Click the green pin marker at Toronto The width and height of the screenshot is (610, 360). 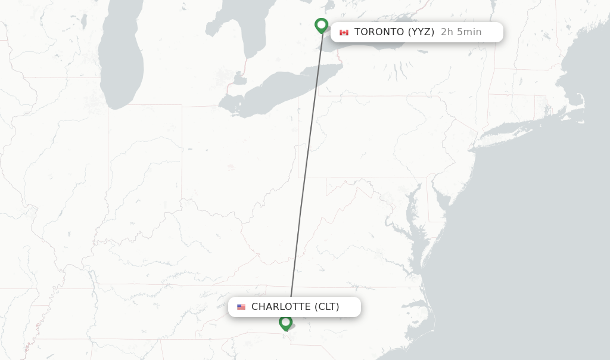pyautogui.click(x=321, y=25)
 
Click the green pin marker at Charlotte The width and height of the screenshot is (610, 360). pyautogui.click(x=285, y=322)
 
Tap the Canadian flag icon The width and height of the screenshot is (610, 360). pyautogui.click(x=344, y=32)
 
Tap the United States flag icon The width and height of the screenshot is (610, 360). pyautogui.click(x=241, y=307)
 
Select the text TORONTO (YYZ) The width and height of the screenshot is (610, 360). pyautogui.click(x=394, y=32)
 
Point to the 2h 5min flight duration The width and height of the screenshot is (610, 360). pyautogui.click(x=461, y=32)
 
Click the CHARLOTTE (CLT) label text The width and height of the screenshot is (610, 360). pyautogui.click(x=295, y=307)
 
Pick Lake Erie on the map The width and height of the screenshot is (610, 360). pyautogui.click(x=280, y=89)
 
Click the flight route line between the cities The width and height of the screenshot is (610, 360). pyautogui.click(x=306, y=167)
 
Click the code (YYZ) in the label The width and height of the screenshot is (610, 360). pyautogui.click(x=421, y=32)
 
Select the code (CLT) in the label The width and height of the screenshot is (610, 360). pyautogui.click(x=327, y=307)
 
